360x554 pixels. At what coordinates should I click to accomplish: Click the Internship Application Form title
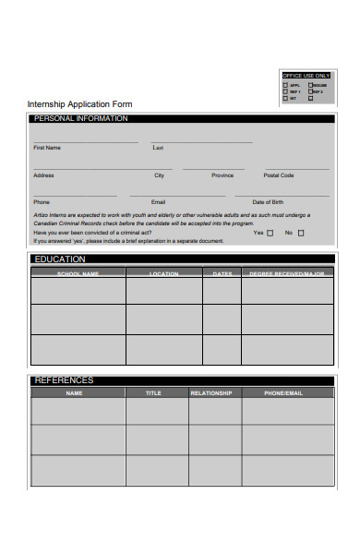coord(80,104)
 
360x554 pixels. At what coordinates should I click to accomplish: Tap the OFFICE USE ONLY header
coord(306,75)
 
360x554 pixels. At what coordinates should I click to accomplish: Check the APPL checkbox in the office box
coord(285,84)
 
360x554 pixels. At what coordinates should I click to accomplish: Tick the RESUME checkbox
coord(309,84)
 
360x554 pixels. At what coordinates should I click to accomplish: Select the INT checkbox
coord(285,97)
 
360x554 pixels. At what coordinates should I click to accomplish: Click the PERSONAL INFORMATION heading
coord(81,119)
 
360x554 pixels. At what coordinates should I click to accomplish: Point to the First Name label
coord(47,148)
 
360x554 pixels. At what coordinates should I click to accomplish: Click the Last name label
coord(158,148)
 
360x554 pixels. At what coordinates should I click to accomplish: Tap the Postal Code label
coord(279,175)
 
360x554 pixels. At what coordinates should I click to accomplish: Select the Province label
coord(222,175)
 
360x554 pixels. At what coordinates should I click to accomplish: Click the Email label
coord(159,201)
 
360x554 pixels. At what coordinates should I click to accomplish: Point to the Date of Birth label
coord(269,201)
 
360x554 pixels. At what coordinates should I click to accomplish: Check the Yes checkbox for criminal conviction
coord(270,234)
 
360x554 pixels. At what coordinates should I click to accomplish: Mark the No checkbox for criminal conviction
coord(300,234)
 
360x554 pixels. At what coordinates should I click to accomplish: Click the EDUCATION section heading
coord(60,259)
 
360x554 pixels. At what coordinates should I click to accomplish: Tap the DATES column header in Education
coord(222,273)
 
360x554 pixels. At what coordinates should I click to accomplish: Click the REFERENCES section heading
coord(64,379)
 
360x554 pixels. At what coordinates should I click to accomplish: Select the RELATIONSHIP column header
coord(211,392)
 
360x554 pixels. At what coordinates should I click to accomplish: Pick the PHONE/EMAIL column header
coord(283,392)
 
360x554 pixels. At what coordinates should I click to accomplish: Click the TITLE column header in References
coord(153,392)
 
